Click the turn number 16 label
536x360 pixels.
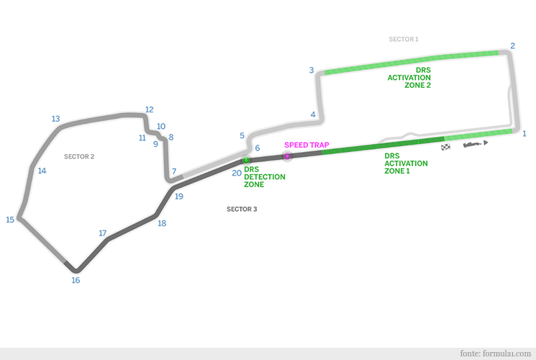[76, 280]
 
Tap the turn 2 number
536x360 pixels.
[512, 46]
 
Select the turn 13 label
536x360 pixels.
[55, 119]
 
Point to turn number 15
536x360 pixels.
[10, 220]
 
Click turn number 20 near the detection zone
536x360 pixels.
[237, 173]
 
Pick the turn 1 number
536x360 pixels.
[524, 133]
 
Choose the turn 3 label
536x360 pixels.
[312, 70]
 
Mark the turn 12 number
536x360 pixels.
[149, 110]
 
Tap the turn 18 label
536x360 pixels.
[162, 223]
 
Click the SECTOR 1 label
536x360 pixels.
[403, 39]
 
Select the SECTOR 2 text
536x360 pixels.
[79, 156]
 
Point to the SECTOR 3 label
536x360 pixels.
[242, 209]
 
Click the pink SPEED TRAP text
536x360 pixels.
[306, 145]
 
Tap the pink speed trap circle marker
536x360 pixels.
[287, 156]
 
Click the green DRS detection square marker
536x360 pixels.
[247, 160]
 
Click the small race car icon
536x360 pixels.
[474, 144]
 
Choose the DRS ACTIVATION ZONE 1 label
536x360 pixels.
[406, 163]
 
